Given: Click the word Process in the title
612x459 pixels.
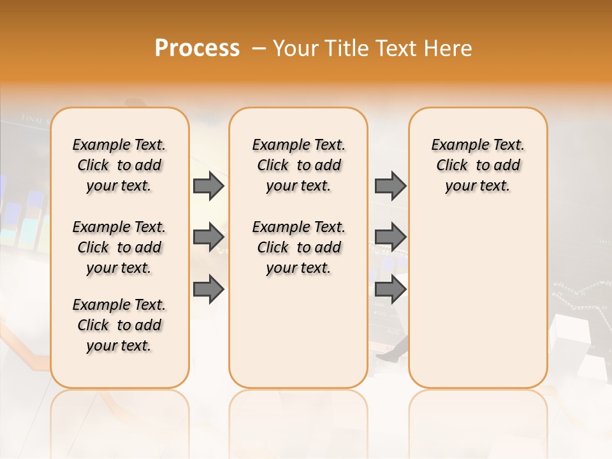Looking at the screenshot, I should tap(197, 48).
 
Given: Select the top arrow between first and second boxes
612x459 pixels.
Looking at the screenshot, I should tap(208, 186).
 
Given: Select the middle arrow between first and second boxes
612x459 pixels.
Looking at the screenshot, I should tap(208, 237).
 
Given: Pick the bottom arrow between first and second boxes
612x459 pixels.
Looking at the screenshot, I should tap(208, 289).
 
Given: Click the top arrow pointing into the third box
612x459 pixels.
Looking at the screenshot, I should tap(390, 186).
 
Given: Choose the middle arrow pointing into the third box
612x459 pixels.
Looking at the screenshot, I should tap(390, 237).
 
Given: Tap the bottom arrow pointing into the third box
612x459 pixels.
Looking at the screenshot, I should tap(390, 289).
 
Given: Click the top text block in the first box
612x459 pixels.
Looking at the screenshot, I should tap(119, 165).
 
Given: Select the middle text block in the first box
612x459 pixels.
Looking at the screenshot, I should tap(119, 247).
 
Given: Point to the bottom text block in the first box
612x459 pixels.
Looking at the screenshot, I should tap(119, 325).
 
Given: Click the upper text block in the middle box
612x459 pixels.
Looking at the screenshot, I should tap(298, 165).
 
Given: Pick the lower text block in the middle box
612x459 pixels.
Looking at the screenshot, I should tap(298, 247).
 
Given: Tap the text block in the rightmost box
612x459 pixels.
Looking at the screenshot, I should tap(477, 165).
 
